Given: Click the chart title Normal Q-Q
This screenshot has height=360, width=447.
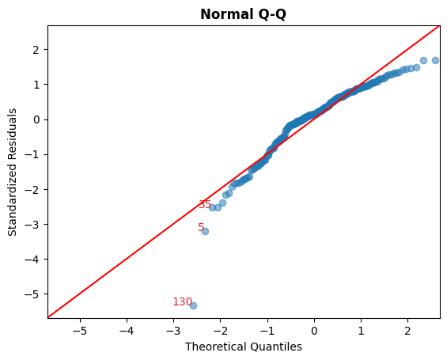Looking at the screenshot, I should coord(244,14).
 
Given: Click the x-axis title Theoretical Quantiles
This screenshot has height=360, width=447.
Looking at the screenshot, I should coord(244,347).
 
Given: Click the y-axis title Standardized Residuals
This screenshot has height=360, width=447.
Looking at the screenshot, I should coord(13,172).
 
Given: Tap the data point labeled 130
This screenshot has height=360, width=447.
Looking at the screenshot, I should coord(193,305).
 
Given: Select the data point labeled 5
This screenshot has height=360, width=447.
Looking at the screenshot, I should coord(205,230).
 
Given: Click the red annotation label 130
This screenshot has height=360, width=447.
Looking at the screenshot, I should coord(182,301).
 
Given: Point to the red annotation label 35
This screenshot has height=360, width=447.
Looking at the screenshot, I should coord(205,204).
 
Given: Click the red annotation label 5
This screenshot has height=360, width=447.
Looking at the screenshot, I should coord(201,227).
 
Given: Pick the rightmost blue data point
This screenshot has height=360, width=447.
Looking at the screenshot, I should coord(436,60).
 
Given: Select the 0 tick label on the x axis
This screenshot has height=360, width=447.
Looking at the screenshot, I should coord(314,329).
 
